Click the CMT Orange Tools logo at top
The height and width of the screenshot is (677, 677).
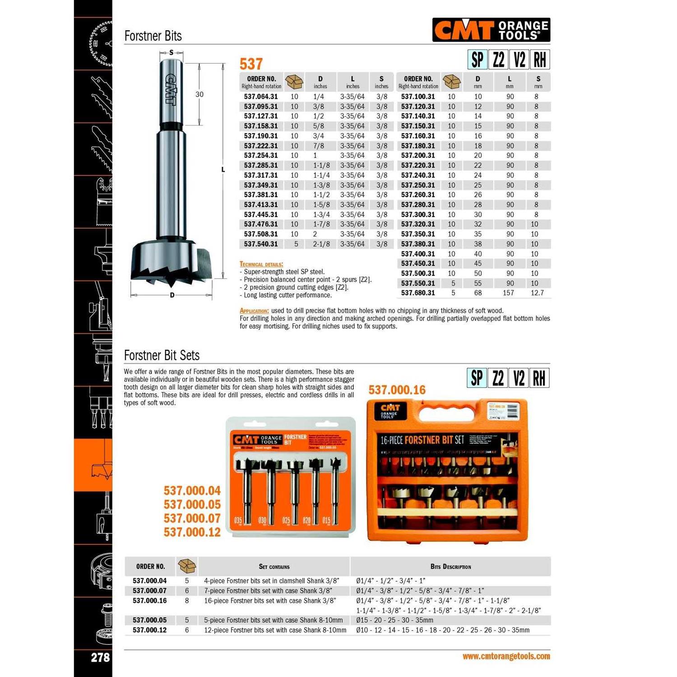491,30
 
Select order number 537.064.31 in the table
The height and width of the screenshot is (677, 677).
261,97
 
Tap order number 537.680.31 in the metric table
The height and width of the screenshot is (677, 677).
418,293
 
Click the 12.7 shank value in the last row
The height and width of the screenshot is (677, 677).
537,293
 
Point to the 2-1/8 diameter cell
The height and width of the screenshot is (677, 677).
321,244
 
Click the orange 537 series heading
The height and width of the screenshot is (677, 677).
251,64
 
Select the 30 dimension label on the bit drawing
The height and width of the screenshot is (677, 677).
199,94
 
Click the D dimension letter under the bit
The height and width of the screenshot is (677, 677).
172,295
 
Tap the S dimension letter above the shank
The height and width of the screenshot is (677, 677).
172,53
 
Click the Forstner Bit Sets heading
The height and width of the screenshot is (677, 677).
162,356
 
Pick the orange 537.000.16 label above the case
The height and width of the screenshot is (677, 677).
397,390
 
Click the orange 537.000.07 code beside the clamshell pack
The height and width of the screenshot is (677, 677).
192,518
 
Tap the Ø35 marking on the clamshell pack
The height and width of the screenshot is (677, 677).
238,520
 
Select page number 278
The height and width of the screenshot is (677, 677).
100,657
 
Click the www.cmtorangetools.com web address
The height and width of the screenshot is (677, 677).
506,656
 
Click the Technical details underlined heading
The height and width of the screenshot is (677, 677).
261,264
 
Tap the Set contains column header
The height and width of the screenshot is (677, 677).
274,567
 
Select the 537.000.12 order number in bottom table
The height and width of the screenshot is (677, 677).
150,630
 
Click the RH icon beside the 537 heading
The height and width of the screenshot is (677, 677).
540,60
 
